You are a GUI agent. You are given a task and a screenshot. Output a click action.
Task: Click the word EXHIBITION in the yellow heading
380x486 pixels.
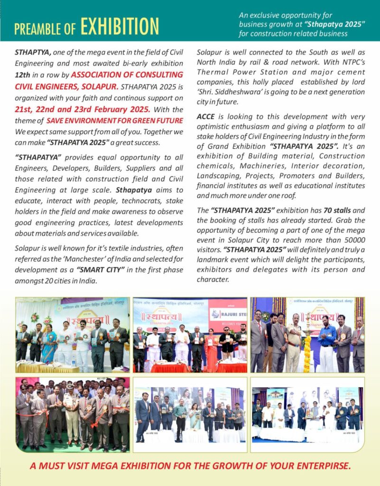pos(120,27)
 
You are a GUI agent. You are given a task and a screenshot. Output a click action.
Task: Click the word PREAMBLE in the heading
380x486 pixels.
pos(38,28)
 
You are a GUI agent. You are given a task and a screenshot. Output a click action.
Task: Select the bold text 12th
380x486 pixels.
pos(24,75)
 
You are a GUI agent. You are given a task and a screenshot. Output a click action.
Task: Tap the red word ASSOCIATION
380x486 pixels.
pos(100,75)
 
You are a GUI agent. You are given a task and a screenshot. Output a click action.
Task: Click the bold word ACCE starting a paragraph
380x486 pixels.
pos(206,117)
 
